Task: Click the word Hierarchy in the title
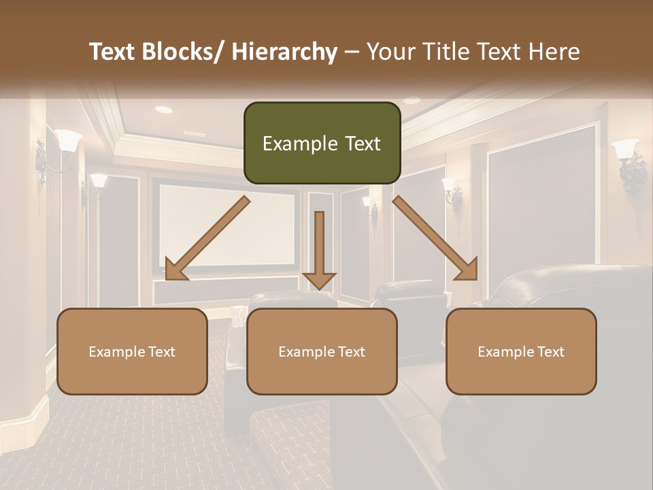[284, 52]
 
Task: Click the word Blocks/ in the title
[182, 52]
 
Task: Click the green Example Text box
[322, 143]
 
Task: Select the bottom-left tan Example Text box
[132, 351]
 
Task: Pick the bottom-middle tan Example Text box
[322, 351]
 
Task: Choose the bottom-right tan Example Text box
[521, 351]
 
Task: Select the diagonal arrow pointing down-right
[435, 238]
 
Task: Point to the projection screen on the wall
[228, 225]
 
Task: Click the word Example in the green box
[295, 144]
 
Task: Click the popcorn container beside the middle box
[238, 316]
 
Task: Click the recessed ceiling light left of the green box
[163, 109]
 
